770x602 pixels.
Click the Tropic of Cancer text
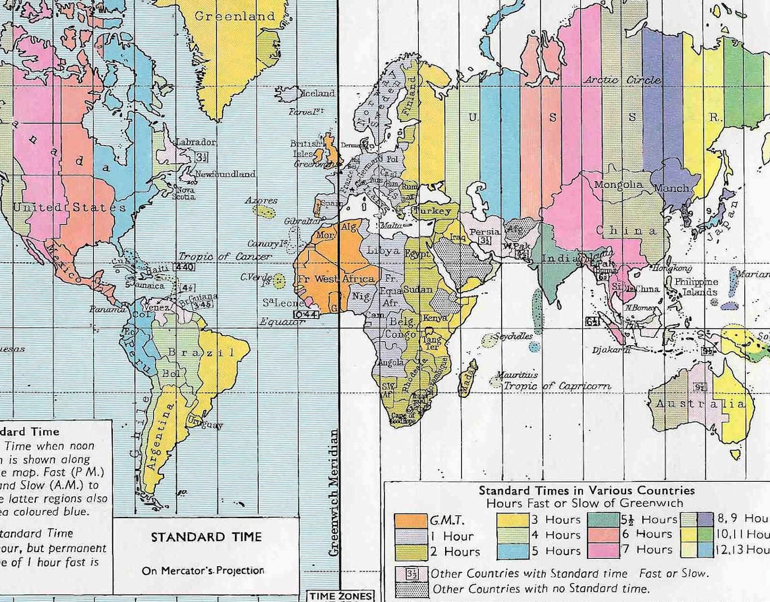coord(224,257)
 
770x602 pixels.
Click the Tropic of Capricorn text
coord(557,386)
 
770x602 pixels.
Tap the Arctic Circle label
coord(622,80)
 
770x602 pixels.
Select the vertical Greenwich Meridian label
coord(332,493)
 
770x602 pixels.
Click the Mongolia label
coord(618,184)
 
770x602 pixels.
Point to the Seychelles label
coord(513,336)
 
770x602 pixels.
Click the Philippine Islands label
coord(696,287)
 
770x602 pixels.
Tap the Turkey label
coord(432,211)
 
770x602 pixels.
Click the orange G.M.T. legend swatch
coord(410,521)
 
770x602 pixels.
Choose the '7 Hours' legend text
coord(654,549)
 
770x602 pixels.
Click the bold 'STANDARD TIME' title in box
coord(205,538)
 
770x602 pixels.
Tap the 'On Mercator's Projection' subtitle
coord(203,570)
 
